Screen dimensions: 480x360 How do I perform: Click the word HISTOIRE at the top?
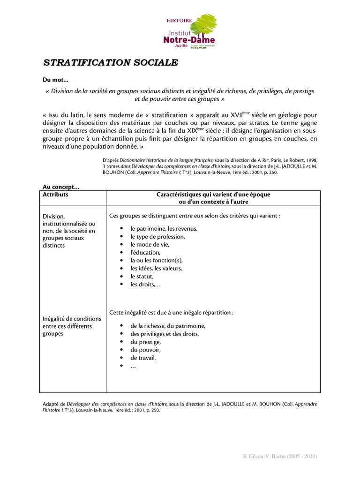(179, 21)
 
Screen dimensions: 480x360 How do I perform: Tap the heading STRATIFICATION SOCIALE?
(111, 63)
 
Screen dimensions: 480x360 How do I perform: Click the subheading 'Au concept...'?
(61, 187)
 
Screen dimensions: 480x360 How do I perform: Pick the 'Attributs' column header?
(55, 195)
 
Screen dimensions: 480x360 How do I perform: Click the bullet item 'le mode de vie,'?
(150, 244)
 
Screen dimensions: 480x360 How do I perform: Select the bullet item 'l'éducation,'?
(145, 252)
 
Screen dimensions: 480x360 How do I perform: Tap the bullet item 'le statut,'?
(142, 276)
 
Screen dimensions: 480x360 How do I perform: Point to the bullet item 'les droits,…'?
(145, 284)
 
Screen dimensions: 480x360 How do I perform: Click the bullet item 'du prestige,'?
(146, 342)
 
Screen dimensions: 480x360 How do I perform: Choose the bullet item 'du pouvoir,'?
(145, 350)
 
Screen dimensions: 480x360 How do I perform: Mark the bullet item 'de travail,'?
(143, 358)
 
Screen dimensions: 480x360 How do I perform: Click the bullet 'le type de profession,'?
(157, 236)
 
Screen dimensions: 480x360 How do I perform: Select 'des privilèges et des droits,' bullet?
(165, 334)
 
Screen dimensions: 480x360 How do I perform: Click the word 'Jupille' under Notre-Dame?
(181, 47)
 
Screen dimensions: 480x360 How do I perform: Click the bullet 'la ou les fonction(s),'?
(157, 260)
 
